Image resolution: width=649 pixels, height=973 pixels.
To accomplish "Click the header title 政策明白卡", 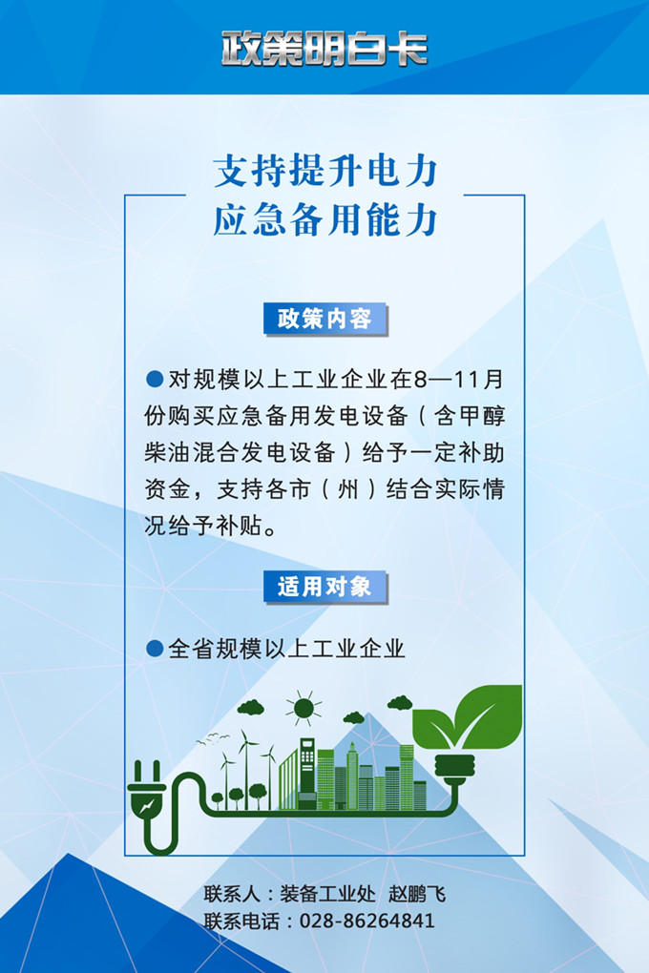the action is coord(324,49).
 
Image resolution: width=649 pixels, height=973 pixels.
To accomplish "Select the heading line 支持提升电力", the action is coord(325,172).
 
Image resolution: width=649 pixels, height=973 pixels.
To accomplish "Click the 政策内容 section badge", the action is coord(324,319).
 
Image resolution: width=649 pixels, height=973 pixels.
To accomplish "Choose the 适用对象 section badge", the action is coord(324,587).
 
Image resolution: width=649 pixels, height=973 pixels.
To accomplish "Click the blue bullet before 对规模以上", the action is coord(155,379).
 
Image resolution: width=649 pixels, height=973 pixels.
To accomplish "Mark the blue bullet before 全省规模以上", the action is coord(155,649).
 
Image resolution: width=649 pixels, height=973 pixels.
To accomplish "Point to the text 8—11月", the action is coord(458,379).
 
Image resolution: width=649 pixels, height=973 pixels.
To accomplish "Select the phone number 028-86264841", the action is coord(367,921).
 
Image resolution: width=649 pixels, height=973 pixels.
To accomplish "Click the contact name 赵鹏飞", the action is coord(417,894).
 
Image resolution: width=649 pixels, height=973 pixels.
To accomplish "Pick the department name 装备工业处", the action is coord(327,894).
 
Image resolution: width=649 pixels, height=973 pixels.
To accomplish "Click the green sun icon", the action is coord(304,708).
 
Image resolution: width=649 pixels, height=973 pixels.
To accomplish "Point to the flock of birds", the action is coord(213,738).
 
